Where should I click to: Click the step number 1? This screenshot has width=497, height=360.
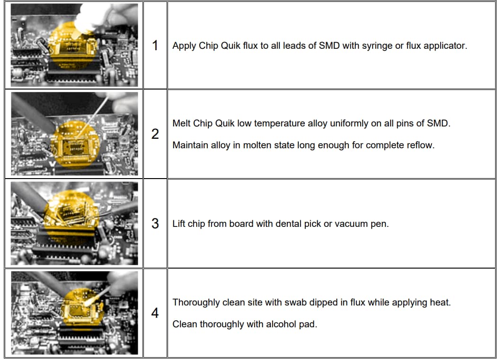click(x=155, y=45)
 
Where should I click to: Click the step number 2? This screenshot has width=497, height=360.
click(x=155, y=134)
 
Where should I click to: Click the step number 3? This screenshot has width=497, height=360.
click(x=155, y=224)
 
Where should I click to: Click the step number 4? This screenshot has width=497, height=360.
click(x=155, y=313)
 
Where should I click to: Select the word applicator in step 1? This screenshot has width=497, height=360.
click(x=446, y=46)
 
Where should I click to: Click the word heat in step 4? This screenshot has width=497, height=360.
click(x=439, y=302)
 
